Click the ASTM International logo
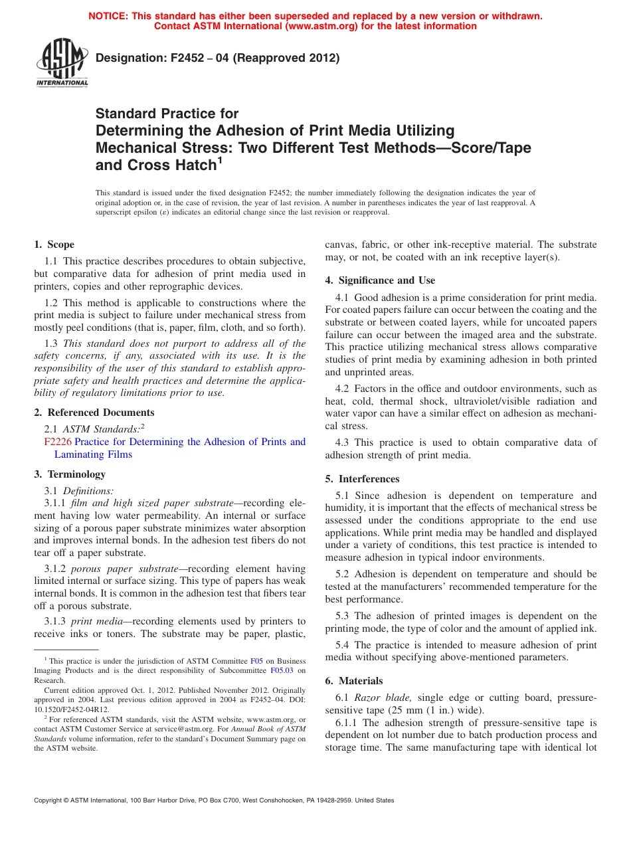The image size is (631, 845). (62, 63)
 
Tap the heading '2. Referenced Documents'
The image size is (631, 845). (94, 413)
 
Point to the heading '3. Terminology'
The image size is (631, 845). (70, 474)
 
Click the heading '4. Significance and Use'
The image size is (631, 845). (380, 280)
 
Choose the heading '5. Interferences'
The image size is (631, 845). (362, 479)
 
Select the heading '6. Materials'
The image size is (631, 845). (354, 681)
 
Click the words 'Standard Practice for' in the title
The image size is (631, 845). (167, 114)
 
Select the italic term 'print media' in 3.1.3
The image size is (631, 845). (95, 621)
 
